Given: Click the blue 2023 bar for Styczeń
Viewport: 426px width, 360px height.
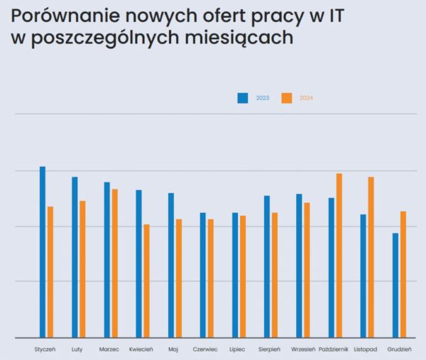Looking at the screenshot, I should [43, 252].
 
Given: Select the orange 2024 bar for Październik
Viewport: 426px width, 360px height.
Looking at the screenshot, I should [339, 256].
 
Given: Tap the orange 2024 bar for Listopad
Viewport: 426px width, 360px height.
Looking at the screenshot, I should [371, 257].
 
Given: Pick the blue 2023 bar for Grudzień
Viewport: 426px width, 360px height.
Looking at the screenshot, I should [395, 285].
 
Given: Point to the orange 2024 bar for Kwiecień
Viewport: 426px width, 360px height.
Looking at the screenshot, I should [146, 281].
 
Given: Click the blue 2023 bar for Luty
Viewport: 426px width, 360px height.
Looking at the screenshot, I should [75, 257].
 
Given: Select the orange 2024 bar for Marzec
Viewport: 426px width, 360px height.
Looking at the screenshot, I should [114, 263].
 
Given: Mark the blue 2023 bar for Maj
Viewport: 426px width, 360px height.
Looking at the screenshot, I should [171, 266].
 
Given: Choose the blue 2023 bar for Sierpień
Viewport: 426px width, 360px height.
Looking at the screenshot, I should [267, 267].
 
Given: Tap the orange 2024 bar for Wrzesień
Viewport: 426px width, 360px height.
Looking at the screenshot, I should [307, 271].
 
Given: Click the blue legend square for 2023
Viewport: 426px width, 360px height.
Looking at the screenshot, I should [242, 98].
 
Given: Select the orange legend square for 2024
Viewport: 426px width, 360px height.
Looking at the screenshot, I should [286, 98].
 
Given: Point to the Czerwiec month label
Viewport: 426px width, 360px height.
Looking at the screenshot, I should [205, 349].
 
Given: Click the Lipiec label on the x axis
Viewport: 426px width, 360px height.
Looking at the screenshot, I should [238, 349].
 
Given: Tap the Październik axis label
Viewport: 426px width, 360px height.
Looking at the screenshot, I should [334, 349].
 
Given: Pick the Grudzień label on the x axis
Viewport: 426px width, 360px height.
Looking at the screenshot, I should [400, 349].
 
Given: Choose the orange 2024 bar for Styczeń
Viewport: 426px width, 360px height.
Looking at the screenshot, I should [50, 272].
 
